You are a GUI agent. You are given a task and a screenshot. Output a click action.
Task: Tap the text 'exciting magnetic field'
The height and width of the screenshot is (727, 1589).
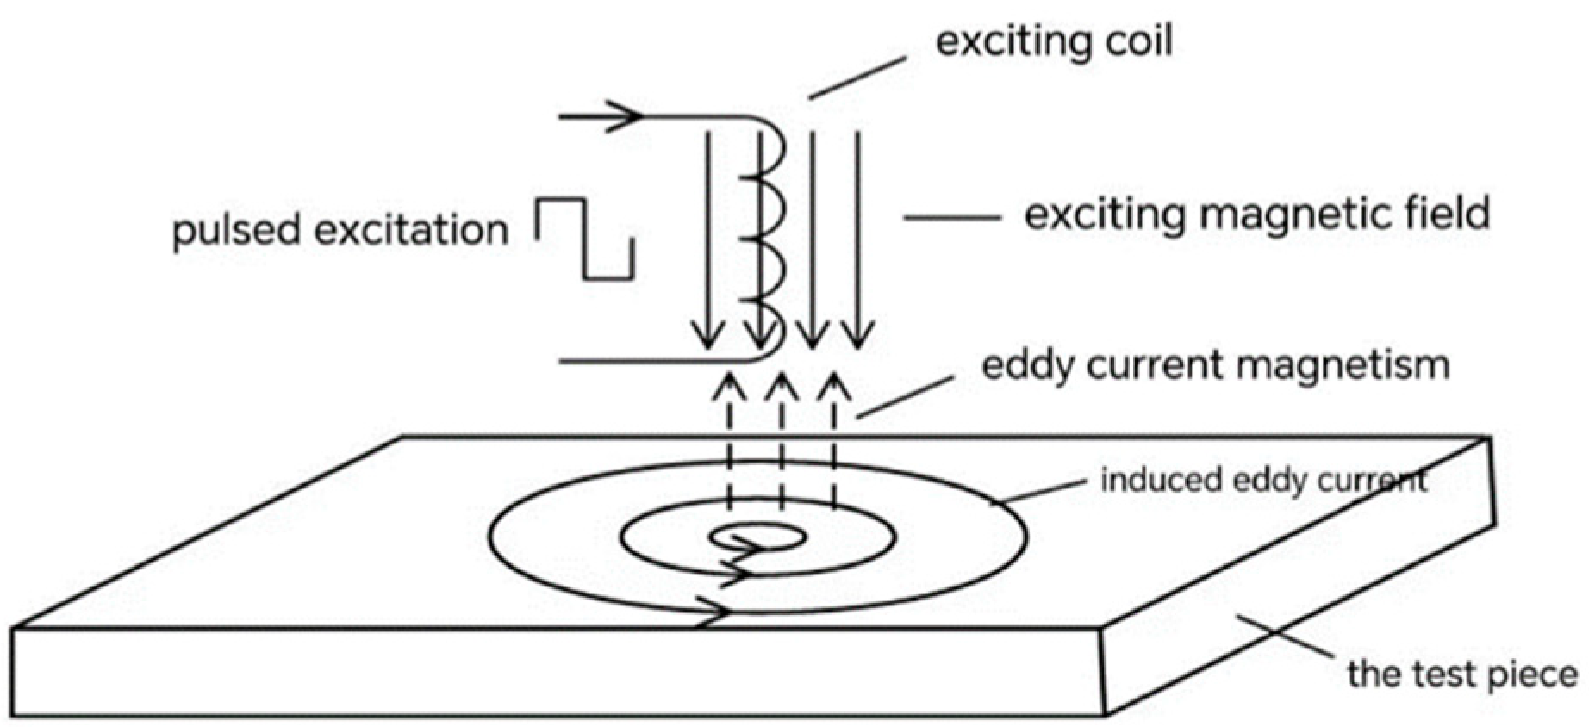1256,214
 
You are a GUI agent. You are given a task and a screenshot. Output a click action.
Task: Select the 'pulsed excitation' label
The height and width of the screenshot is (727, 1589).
340,230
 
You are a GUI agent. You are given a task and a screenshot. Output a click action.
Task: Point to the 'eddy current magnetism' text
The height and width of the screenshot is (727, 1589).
1215,365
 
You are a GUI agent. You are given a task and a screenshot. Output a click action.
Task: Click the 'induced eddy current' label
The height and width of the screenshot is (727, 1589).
1263,480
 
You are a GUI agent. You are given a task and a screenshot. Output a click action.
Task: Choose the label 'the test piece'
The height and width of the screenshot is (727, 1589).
1462,674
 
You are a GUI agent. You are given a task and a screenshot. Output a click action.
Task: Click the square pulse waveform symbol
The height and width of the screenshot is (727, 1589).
586,239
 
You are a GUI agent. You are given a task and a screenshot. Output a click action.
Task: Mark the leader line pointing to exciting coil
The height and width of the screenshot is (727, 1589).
858,78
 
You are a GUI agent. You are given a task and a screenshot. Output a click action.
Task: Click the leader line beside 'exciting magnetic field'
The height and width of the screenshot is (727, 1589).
951,217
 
